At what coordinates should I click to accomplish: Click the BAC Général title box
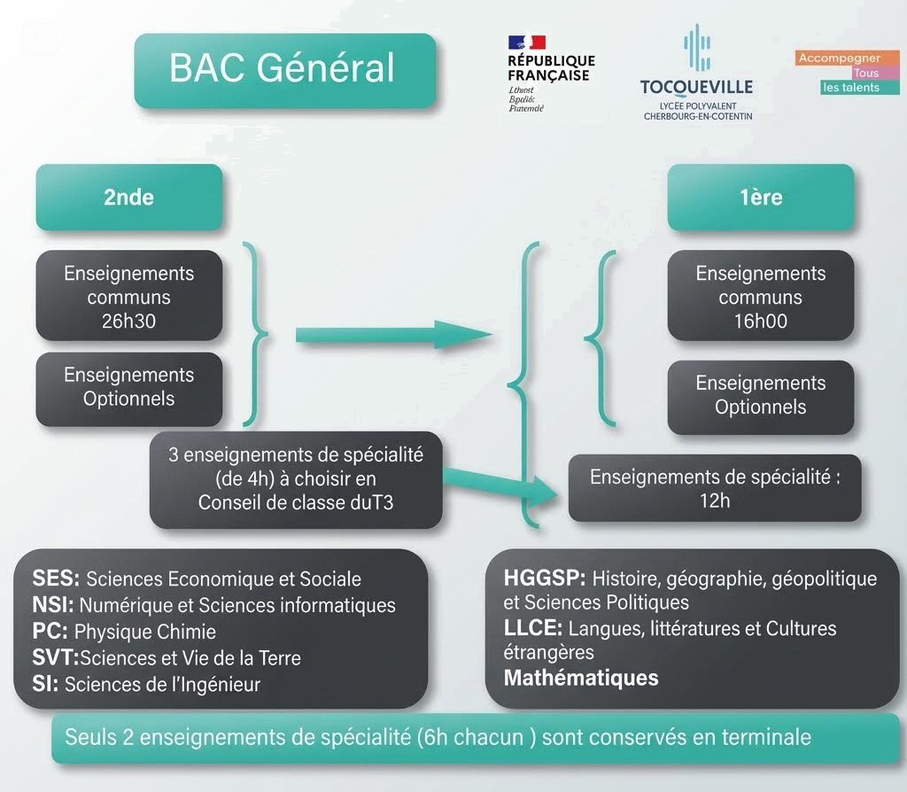coord(283,70)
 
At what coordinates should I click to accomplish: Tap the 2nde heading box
coord(128,197)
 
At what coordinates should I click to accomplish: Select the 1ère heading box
coord(761,197)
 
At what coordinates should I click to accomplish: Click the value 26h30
coord(128,322)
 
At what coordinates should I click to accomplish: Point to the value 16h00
coord(760,322)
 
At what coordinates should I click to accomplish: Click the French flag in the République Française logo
coord(526,43)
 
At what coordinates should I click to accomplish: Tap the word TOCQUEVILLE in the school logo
coord(696,87)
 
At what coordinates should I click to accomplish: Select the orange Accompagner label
coord(839,58)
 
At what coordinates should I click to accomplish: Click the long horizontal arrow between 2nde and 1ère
coord(390,334)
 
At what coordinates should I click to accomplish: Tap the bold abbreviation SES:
coord(57,579)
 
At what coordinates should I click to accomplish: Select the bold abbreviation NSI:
coord(55,606)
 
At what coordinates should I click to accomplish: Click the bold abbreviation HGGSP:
coord(545,579)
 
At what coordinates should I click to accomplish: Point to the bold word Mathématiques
coord(581,679)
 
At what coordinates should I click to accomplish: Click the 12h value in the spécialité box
coord(714,501)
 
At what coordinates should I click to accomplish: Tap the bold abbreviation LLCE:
coord(533,629)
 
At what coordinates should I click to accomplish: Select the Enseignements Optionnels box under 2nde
coord(128,387)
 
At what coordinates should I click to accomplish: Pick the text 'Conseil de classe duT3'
coord(296,503)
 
